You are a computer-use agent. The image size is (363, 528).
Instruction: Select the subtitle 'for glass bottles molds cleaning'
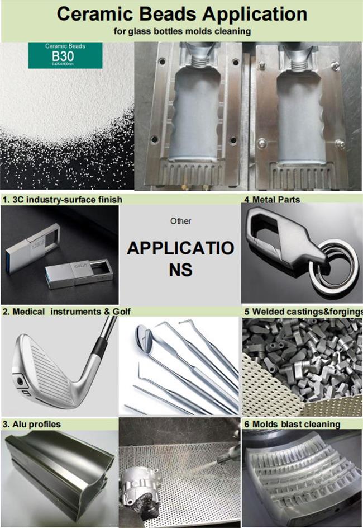pos(181,32)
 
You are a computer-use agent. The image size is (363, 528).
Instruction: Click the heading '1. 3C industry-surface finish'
pos(63,199)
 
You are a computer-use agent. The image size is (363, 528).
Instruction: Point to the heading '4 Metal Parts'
pos(272,199)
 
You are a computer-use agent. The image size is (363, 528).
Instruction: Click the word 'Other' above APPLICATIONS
pos(180,221)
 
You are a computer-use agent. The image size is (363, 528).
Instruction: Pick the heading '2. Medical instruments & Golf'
pos(66,311)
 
